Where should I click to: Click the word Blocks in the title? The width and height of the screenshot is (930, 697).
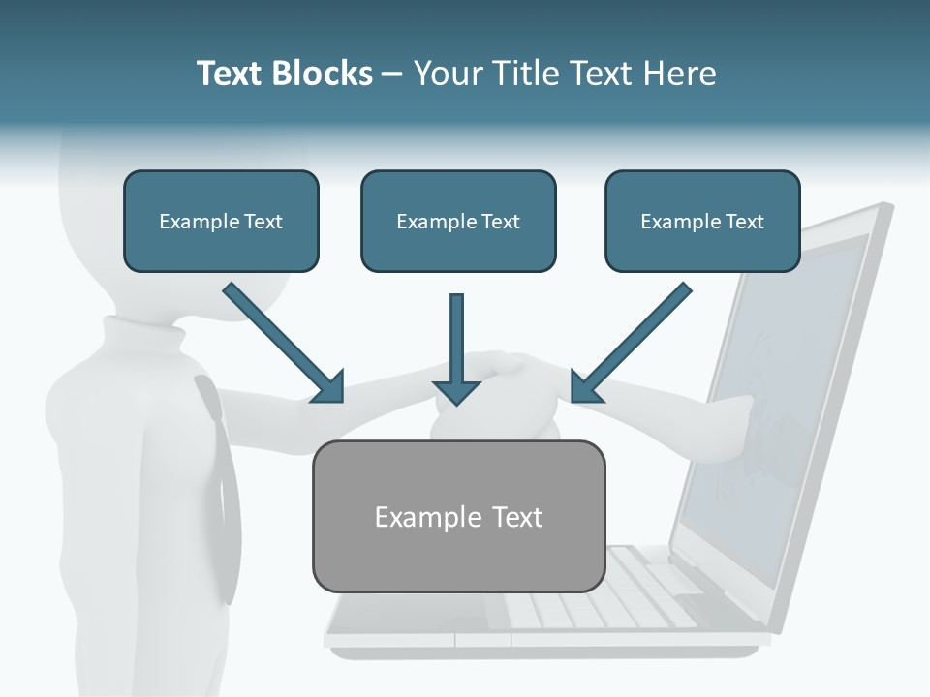click(x=320, y=74)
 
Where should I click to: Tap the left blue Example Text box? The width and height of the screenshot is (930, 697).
click(x=221, y=221)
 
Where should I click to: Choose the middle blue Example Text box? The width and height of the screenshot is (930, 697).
click(x=458, y=221)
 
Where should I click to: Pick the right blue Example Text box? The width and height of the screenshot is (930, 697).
click(x=702, y=221)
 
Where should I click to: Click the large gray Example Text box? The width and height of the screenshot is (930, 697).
click(x=458, y=516)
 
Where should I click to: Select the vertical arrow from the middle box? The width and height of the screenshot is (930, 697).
click(x=456, y=348)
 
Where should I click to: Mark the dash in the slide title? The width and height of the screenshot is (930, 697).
click(x=392, y=74)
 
